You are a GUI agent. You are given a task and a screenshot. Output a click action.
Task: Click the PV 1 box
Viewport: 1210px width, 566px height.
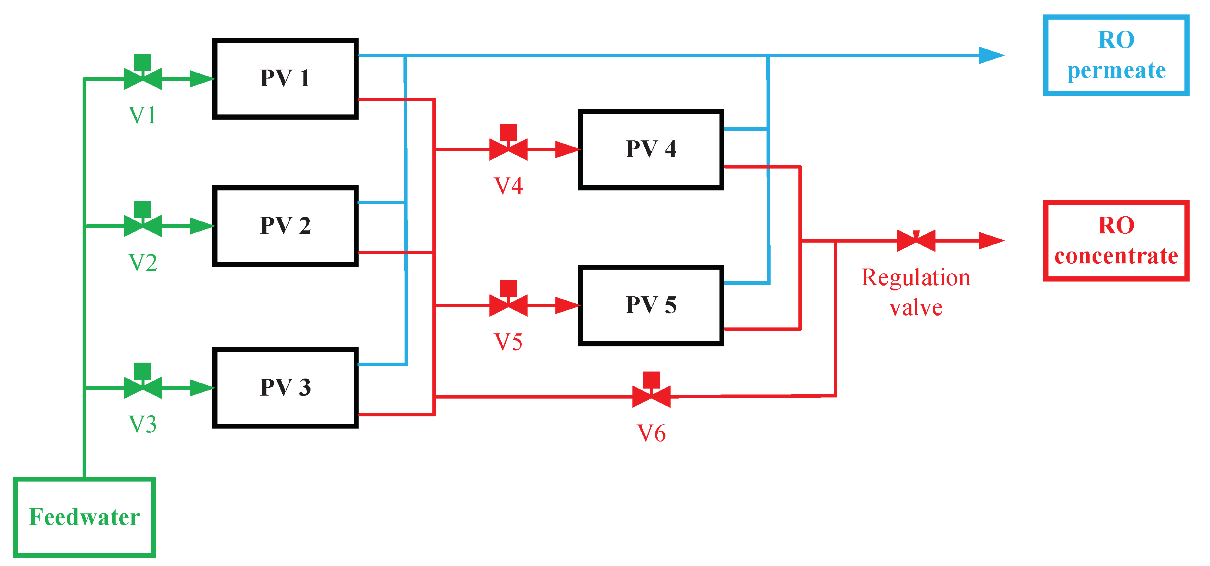[285, 79]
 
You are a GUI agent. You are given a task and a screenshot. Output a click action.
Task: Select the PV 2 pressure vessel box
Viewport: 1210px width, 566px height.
[285, 226]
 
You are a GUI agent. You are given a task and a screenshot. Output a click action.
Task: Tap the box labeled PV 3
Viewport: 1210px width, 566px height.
[285, 387]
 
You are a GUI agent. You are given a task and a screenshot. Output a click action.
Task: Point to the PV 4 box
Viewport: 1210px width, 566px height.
[651, 149]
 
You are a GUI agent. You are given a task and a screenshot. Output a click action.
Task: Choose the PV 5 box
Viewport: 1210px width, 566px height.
[651, 305]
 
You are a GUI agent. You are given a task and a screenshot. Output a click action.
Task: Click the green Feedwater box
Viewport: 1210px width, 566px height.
[84, 517]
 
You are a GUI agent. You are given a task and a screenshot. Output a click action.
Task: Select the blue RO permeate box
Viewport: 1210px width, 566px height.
[1116, 55]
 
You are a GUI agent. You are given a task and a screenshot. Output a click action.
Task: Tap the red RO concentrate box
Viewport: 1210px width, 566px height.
[1116, 240]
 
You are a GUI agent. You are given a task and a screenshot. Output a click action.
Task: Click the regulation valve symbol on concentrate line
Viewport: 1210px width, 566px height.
[916, 240]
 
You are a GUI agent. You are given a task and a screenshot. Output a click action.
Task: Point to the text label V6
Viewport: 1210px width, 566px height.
[651, 433]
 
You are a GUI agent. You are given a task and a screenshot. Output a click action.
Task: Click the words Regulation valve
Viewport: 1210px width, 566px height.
[915, 292]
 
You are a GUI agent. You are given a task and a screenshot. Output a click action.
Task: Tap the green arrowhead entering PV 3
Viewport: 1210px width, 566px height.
[202, 387]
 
